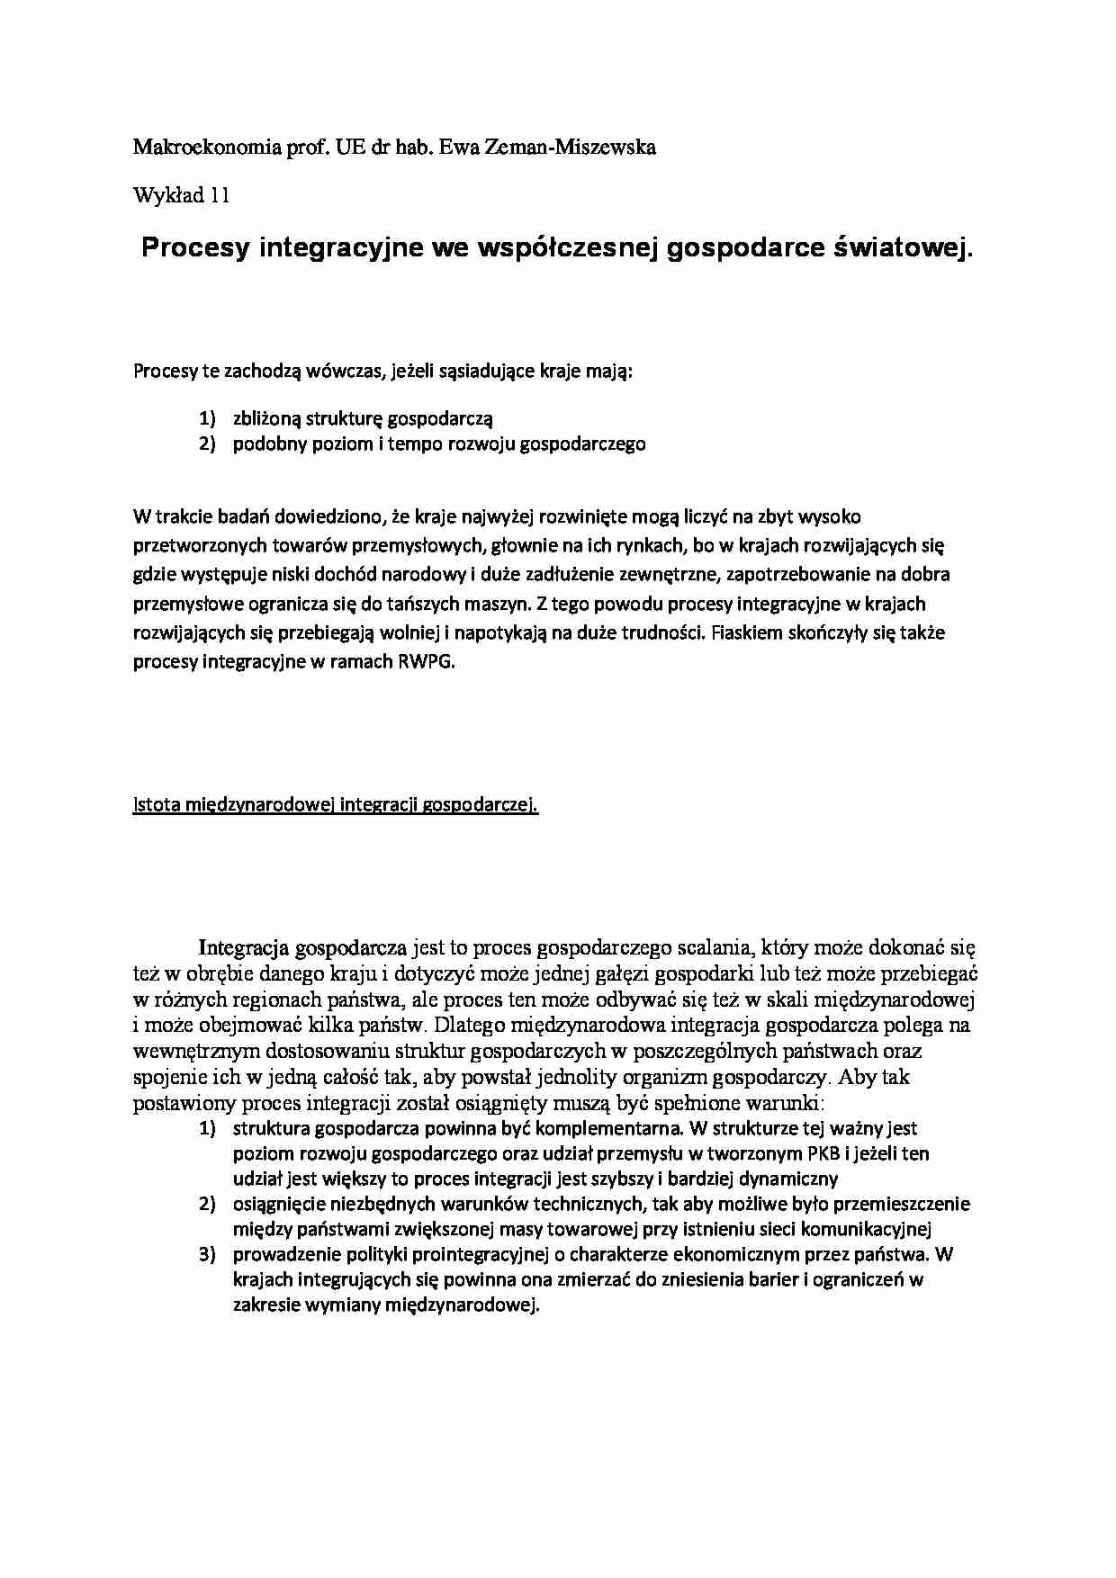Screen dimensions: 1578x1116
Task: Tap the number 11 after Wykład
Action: pos(220,195)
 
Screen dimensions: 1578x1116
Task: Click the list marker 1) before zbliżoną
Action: pos(208,418)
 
